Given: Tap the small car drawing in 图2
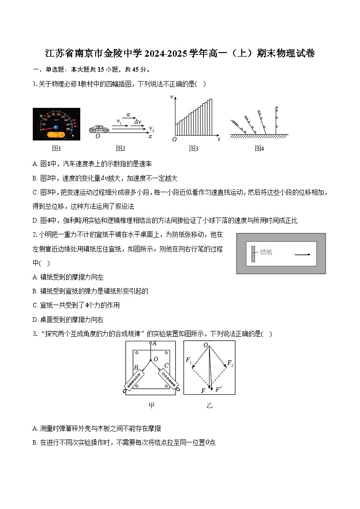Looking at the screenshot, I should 99,129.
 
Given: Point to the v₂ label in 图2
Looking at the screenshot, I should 151,129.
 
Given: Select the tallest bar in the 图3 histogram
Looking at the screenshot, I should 210,117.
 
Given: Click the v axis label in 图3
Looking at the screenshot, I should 172,97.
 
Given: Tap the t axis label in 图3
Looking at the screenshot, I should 219,140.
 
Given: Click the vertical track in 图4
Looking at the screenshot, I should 276,120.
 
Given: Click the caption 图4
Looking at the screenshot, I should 259,148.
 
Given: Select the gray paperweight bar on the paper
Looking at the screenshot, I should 253,253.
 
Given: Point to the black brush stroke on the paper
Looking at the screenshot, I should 302,254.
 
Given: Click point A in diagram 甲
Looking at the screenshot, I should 154,344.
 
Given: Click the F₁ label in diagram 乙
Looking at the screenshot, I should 189,359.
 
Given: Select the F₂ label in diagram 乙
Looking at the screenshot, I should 230,363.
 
